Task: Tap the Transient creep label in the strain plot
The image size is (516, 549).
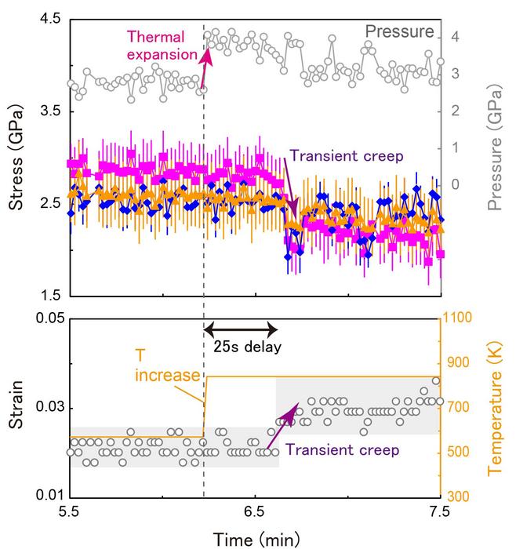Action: (341, 449)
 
